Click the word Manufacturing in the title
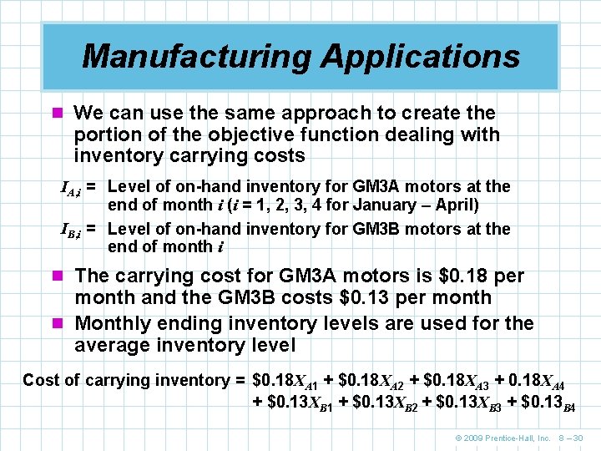196,57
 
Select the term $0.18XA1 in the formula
285,381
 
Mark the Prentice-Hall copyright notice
500,438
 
